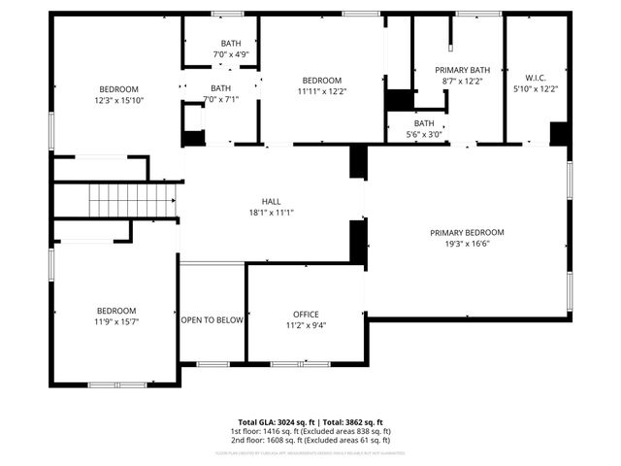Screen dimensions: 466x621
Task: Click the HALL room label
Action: (271, 201)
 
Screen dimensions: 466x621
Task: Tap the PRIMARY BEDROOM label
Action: (468, 232)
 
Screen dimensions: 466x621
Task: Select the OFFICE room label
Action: (306, 315)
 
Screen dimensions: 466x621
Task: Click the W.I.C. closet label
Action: (536, 78)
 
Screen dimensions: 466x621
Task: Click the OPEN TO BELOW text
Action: (212, 319)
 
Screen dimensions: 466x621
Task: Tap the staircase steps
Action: (131, 201)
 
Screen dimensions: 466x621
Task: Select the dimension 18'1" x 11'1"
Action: (271, 212)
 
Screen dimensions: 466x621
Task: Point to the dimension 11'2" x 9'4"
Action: (306, 325)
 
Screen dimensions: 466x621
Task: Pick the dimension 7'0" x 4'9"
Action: (231, 54)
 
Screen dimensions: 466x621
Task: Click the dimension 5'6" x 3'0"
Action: (424, 134)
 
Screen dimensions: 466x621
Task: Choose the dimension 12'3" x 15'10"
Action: (119, 100)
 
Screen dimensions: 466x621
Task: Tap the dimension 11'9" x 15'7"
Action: (114, 321)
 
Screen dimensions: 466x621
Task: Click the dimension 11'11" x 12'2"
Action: (321, 91)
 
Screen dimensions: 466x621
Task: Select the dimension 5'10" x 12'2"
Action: (536, 88)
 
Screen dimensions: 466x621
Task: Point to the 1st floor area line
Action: (310, 431)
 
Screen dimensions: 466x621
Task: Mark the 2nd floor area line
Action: (310, 440)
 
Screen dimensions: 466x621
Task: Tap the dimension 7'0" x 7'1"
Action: (220, 99)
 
